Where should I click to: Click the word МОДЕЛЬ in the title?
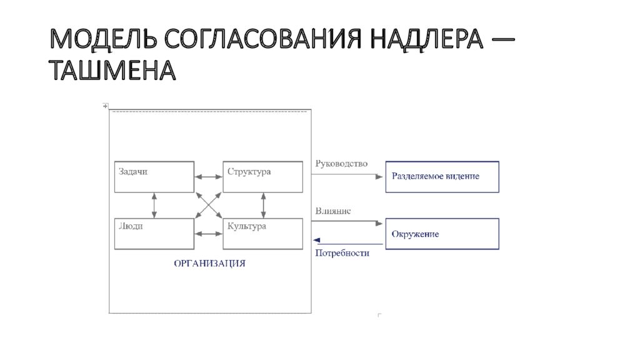tap(103, 39)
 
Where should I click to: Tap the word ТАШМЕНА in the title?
tap(112, 70)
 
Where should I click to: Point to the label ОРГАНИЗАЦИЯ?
tap(210, 263)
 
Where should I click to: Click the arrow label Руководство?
tap(341, 164)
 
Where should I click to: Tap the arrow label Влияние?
tap(332, 211)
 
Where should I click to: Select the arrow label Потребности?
tap(342, 253)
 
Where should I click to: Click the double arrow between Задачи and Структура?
tap(209, 177)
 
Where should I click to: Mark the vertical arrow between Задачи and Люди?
tap(154, 205)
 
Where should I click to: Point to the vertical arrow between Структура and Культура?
tap(263, 205)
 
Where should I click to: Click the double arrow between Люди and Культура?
tap(209, 234)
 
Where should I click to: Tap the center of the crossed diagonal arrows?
tap(209, 205)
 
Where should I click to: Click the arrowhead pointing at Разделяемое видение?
tap(379, 177)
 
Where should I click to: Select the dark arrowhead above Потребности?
tap(316, 240)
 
